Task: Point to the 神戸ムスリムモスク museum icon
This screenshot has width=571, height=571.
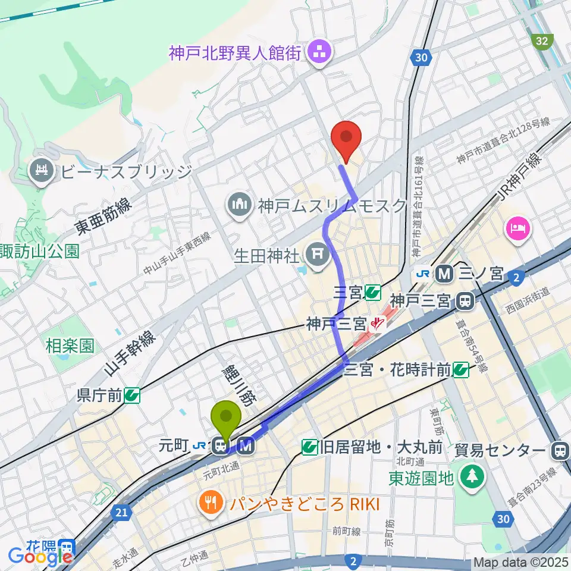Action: [x=240, y=206]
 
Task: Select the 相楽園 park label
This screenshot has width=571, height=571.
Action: [x=70, y=346]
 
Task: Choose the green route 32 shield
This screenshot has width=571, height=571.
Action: [x=542, y=40]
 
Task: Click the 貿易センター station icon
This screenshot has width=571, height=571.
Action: [x=559, y=450]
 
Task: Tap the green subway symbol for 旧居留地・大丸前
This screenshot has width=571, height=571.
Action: [x=309, y=447]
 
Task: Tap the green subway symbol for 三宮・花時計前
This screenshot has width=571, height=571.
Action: [x=460, y=371]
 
